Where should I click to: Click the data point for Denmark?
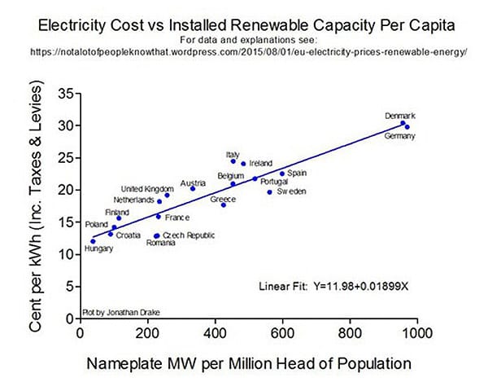[402, 124]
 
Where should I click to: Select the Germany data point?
[407, 127]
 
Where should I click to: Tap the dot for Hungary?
[93, 241]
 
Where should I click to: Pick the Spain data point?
[282, 174]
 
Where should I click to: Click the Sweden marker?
[269, 191]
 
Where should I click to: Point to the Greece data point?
[223, 204]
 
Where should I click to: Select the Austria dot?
[193, 189]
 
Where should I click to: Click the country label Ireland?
[261, 163]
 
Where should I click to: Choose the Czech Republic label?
[189, 235]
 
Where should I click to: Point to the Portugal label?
[274, 182]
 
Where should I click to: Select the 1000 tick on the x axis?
[418, 332]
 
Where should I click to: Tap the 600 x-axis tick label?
[282, 332]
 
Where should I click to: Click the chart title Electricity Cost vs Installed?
[244, 24]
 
